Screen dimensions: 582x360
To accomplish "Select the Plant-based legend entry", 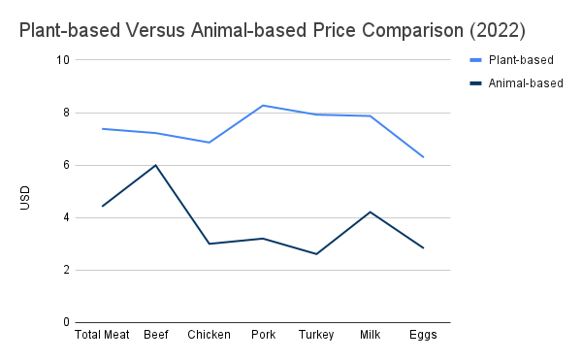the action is tap(512, 60).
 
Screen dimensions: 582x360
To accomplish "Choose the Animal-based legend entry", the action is tap(517, 83).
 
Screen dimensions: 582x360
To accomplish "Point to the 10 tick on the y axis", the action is tap(63, 60).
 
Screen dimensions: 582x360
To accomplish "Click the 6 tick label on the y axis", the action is tap(66, 165).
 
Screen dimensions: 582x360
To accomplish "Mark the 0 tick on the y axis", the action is tap(66, 322).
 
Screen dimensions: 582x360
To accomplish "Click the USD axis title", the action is tap(25, 198).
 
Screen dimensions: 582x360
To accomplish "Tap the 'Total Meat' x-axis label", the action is tap(102, 335).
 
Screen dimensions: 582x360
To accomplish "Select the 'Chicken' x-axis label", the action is tap(209, 335).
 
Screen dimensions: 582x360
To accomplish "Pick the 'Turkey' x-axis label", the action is tap(316, 335).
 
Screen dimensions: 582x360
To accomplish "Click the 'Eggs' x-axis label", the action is tap(423, 335).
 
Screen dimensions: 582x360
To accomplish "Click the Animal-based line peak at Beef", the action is tap(155, 165).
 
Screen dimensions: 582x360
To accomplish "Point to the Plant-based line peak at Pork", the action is tap(263, 106).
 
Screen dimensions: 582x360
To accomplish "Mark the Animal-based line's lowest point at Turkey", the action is tap(316, 254).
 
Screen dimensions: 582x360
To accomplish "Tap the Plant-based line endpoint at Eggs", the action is tap(423, 157).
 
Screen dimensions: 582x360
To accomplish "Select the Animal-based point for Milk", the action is tap(371, 212).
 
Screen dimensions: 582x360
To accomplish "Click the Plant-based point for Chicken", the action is tap(209, 143).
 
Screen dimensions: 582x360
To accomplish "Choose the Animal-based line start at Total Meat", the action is tap(102, 206).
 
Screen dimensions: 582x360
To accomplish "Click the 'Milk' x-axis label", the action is tap(371, 335).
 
